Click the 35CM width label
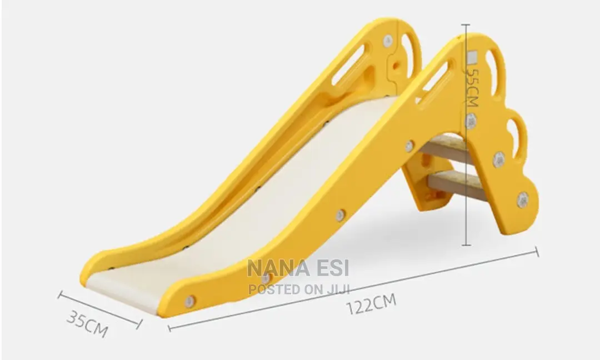coord(87,324)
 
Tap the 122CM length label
coord(371,303)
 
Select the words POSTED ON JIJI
coord(299,289)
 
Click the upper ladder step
coord(446,147)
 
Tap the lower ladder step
coord(457,185)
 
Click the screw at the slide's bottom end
coord(189,302)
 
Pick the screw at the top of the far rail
coord(388,41)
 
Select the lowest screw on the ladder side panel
coord(522,199)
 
